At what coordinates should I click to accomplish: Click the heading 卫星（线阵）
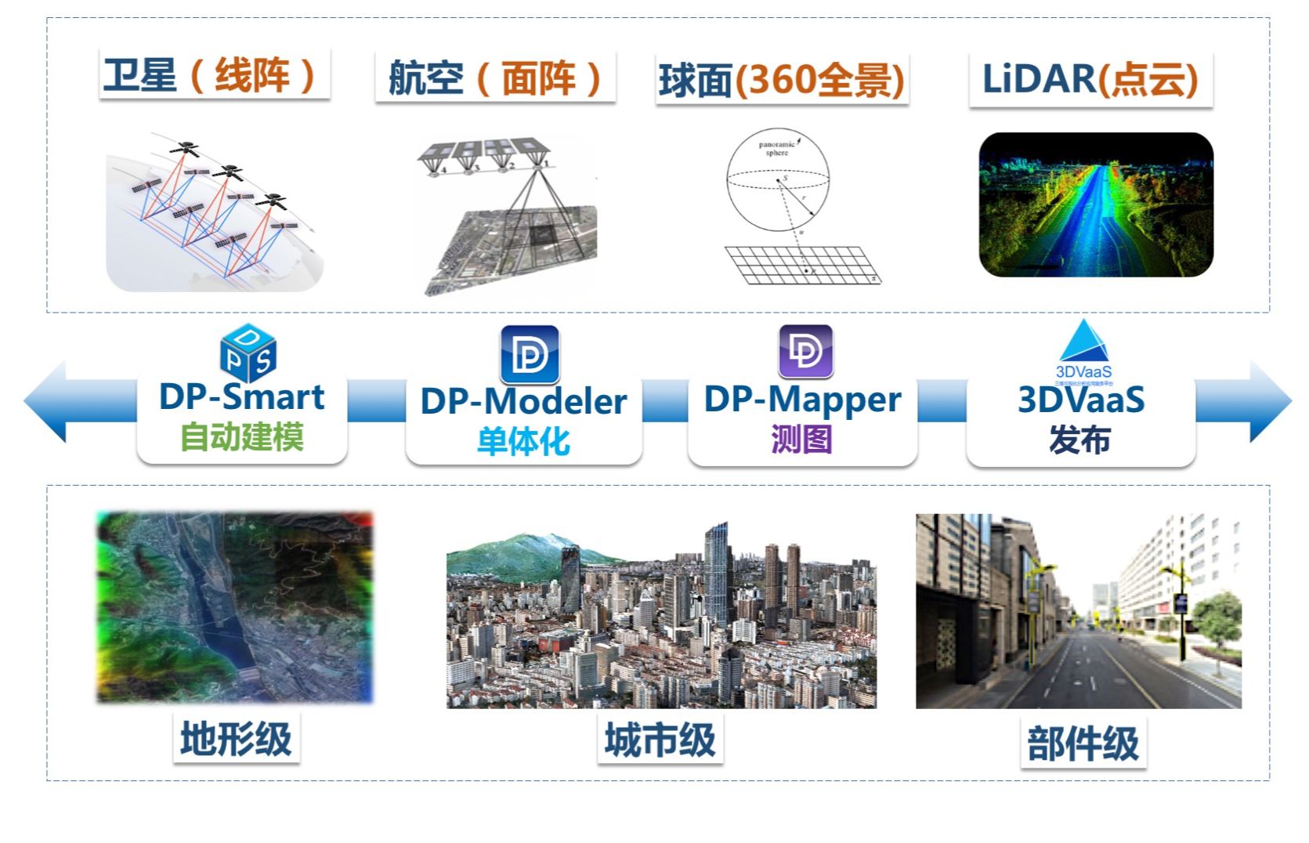pyautogui.click(x=213, y=75)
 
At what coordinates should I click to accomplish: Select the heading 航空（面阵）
pyautogui.click(x=495, y=78)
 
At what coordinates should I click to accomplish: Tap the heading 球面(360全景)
pyautogui.click(x=781, y=79)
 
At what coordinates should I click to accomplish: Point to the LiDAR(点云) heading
pyautogui.click(x=1090, y=79)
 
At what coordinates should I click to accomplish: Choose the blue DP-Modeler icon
pyautogui.click(x=530, y=354)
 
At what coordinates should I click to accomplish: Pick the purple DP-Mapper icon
pyautogui.click(x=805, y=351)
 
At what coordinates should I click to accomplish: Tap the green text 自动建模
pyautogui.click(x=242, y=436)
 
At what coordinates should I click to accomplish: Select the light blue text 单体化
pyautogui.click(x=523, y=441)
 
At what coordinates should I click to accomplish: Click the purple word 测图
pyautogui.click(x=801, y=439)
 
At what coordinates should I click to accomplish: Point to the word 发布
pyautogui.click(x=1080, y=440)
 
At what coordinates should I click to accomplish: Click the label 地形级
pyautogui.click(x=236, y=739)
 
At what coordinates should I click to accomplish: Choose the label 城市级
pyautogui.click(x=660, y=740)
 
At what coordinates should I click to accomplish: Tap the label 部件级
pyautogui.click(x=1083, y=744)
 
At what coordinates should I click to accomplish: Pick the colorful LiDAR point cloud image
pyautogui.click(x=1095, y=204)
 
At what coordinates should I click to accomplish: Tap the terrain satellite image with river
pyautogui.click(x=234, y=607)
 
